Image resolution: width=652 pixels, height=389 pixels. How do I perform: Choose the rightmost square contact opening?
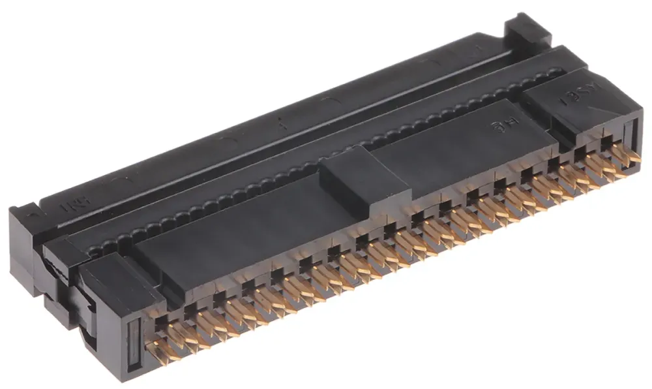tap(607, 140)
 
